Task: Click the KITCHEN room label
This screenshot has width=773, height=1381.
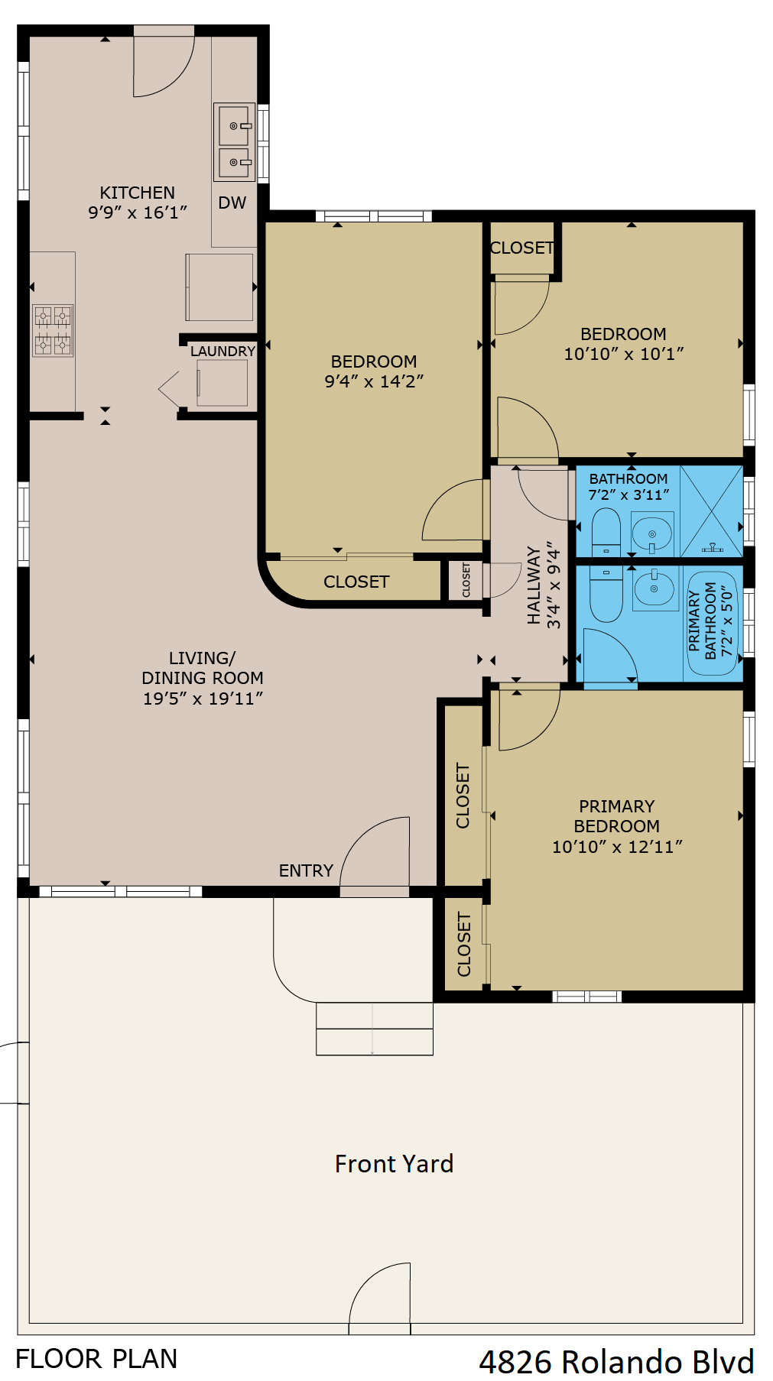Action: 138,193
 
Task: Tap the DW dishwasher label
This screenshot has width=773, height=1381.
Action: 232,203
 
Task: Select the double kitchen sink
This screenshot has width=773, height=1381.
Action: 234,142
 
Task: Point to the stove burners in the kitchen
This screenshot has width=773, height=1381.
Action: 53,330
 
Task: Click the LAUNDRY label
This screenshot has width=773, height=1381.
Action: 222,352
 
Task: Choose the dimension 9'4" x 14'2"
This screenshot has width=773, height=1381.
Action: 374,381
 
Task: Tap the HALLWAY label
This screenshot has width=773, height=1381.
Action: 534,585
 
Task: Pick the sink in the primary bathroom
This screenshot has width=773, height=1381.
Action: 655,588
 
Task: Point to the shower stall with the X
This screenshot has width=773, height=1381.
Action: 711,511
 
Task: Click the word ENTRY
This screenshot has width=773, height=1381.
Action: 306,871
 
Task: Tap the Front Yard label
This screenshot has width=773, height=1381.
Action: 394,1164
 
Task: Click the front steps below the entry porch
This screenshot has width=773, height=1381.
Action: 374,1029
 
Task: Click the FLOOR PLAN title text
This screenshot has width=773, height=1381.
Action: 96,1359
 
